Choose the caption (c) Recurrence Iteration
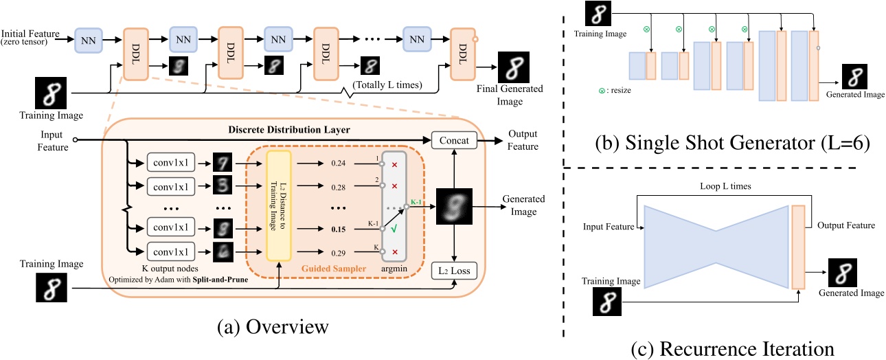coord(732,349)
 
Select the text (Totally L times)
coord(386,85)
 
